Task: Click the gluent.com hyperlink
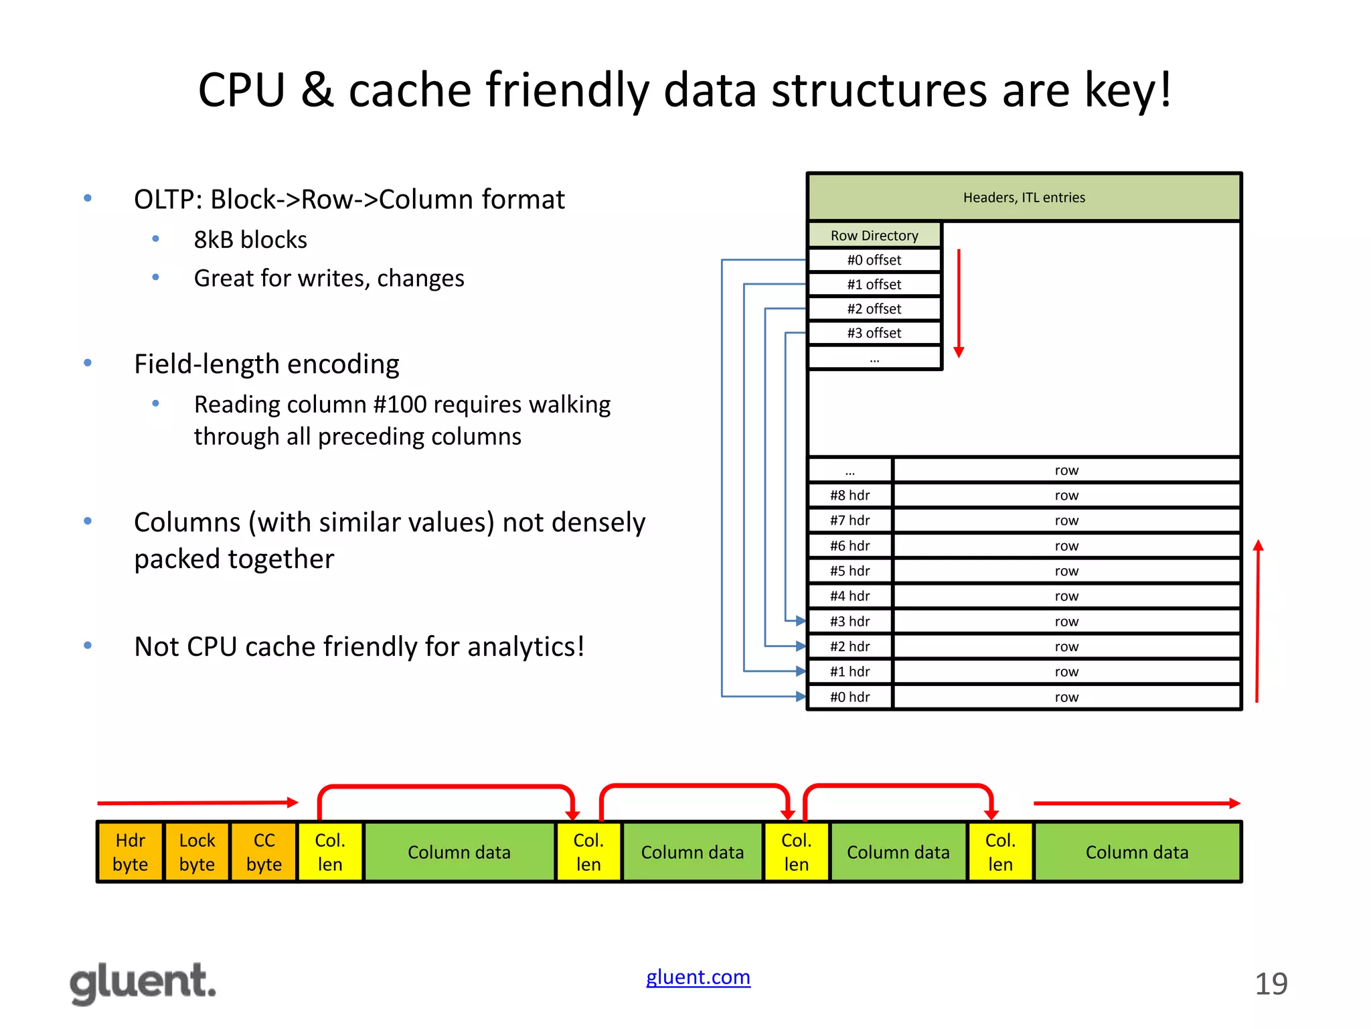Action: click(698, 977)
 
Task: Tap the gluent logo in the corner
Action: click(143, 983)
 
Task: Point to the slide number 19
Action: click(1271, 984)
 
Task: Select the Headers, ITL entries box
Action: click(1024, 198)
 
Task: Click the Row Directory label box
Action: click(874, 235)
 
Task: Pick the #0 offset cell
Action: click(874, 260)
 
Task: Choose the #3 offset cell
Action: click(874, 333)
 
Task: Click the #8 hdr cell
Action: click(850, 496)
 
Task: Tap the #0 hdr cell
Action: click(850, 697)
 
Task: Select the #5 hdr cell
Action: click(850, 571)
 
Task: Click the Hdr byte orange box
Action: click(130, 852)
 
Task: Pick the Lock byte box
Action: click(197, 852)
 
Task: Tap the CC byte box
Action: click(264, 852)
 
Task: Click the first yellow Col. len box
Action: click(329, 852)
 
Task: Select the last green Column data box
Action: click(1137, 852)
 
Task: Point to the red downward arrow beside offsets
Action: click(959, 301)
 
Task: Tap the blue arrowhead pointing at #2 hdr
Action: click(800, 646)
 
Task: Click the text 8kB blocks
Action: click(250, 240)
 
